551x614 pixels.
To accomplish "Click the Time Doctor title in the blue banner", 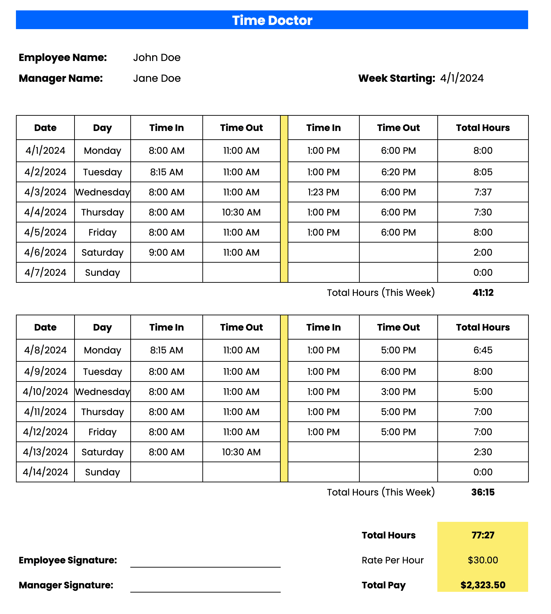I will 272,20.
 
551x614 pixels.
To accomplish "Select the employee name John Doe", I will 157,58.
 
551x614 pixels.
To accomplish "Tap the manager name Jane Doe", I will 157,78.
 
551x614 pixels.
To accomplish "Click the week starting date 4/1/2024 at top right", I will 462,78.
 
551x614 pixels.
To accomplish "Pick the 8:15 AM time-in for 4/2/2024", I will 166,172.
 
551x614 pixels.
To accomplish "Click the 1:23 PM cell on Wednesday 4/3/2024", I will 323,192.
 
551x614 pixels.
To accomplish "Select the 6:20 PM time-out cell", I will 398,172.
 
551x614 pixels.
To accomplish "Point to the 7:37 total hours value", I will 483,192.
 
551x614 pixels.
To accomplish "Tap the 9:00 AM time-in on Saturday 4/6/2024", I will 166,253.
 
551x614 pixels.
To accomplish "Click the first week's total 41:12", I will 483,293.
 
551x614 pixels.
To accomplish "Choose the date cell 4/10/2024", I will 45,392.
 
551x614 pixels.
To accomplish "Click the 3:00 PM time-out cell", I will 398,392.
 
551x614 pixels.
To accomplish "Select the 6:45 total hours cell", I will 483,350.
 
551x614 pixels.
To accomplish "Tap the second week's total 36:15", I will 483,492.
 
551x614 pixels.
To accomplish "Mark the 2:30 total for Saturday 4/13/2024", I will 483,452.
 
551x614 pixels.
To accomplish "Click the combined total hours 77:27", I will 483,535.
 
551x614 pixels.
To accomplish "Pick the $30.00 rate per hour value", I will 483,560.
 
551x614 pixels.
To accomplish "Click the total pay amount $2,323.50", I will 483,585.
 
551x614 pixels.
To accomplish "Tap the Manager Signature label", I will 66,585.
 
